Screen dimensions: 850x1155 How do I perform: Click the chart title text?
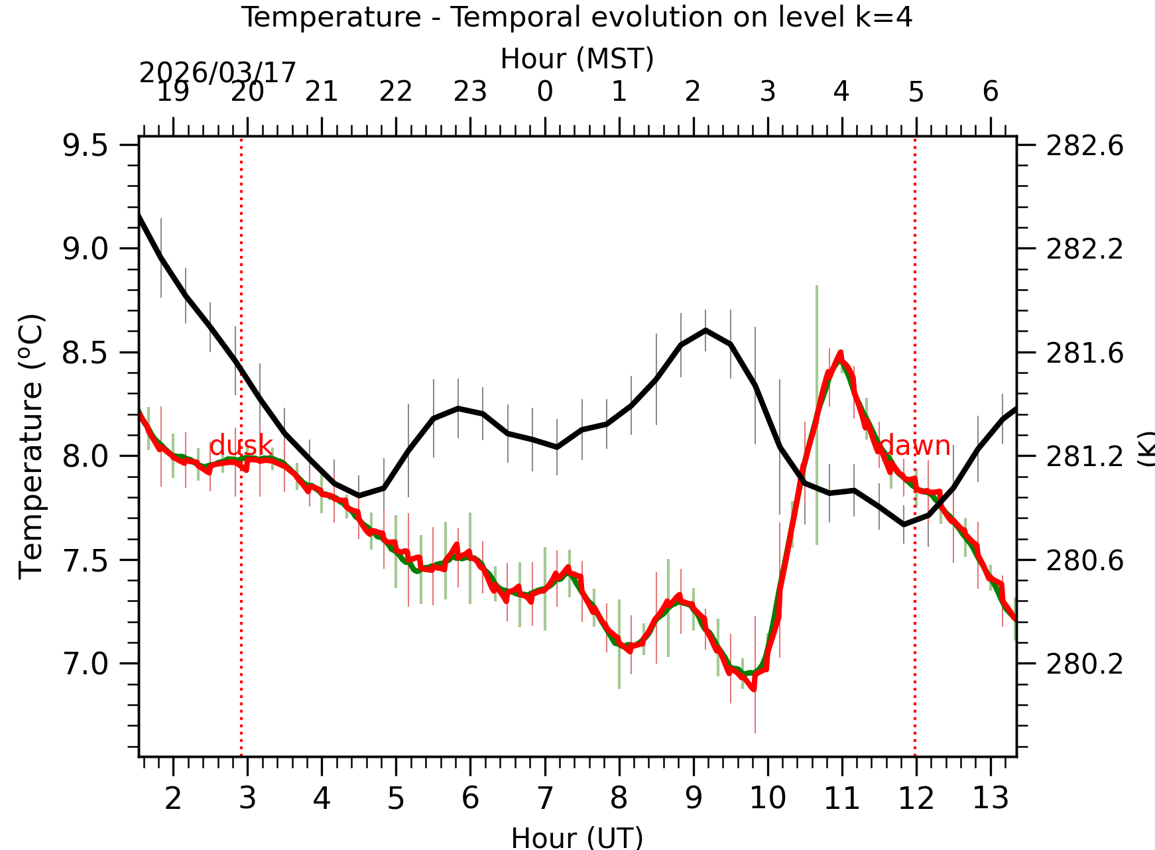(577, 17)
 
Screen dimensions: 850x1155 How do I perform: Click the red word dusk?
(241, 446)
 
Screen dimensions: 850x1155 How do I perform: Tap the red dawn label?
(915, 446)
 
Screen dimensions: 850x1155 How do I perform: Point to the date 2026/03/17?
(217, 73)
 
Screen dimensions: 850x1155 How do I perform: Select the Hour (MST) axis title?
(577, 59)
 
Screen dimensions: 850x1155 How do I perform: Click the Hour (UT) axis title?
(577, 837)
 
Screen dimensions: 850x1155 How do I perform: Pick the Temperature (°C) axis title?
(31, 446)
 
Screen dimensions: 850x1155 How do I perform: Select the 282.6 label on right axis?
(1085, 146)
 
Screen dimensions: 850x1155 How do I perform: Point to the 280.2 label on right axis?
(1085, 664)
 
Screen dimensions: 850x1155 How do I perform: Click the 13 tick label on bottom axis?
(991, 798)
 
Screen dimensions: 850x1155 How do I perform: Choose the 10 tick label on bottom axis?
(768, 798)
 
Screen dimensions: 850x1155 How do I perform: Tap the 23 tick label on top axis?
(470, 91)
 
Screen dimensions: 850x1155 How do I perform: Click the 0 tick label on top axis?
(545, 91)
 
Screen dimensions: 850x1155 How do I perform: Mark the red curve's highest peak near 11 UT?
(840, 353)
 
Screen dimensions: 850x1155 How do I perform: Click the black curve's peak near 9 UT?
(705, 330)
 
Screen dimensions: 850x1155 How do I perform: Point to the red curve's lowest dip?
(754, 690)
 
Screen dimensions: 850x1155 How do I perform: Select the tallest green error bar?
(817, 414)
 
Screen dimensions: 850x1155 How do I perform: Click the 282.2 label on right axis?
(1085, 249)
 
